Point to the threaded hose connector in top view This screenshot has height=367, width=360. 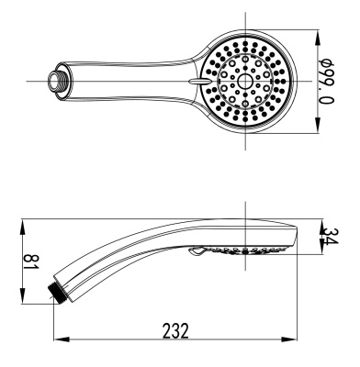58,80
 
